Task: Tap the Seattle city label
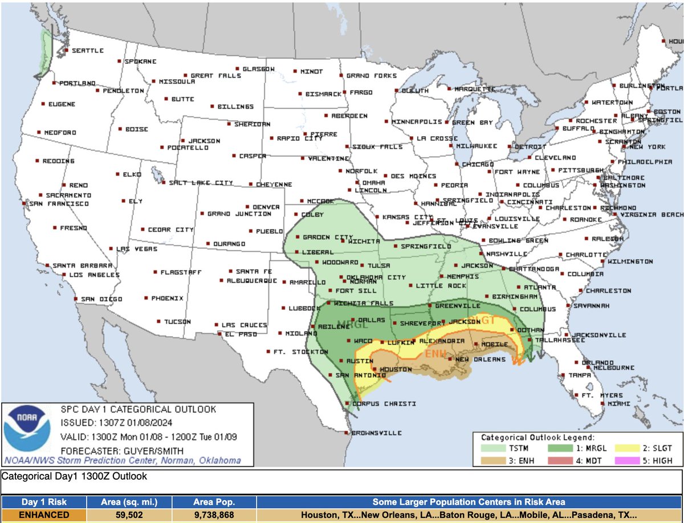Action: [88, 51]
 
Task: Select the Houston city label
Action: [395, 370]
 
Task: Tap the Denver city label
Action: [266, 207]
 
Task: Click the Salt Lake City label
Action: [201, 183]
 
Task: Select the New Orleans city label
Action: [480, 359]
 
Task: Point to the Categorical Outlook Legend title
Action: [537, 438]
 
